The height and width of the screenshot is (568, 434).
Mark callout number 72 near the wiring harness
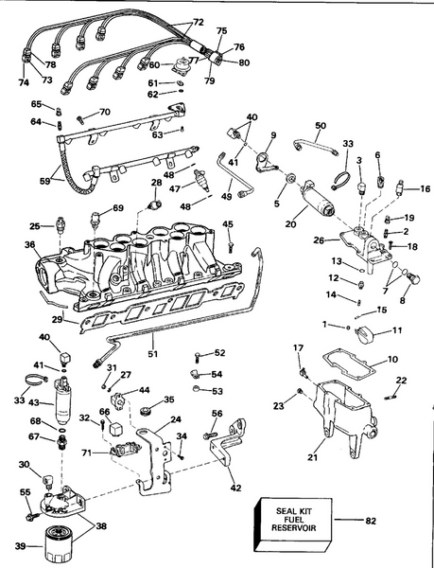pyautogui.click(x=198, y=21)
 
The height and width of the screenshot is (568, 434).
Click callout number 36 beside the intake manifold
pyautogui.click(x=30, y=244)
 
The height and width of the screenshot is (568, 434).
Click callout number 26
pyautogui.click(x=319, y=240)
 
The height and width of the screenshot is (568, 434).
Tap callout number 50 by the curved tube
pyautogui.click(x=320, y=126)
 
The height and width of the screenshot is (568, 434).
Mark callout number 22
pyautogui.click(x=401, y=381)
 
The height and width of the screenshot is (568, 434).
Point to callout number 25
pyautogui.click(x=35, y=226)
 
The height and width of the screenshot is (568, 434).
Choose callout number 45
pyautogui.click(x=227, y=223)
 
